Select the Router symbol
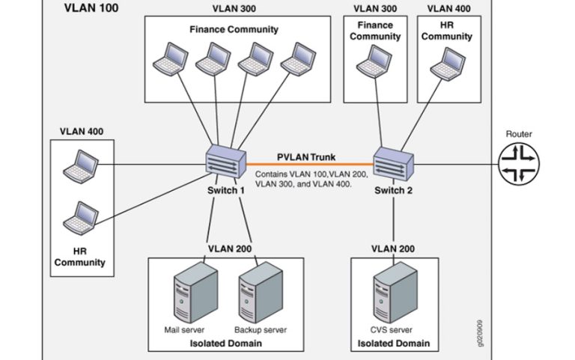coord(519,164)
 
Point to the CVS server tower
coord(394,295)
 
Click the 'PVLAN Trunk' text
coord(307,157)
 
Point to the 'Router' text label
coord(519,134)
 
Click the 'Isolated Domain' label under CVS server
coord(394,344)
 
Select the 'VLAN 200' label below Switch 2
coord(394,248)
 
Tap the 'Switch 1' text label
coord(226,190)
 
